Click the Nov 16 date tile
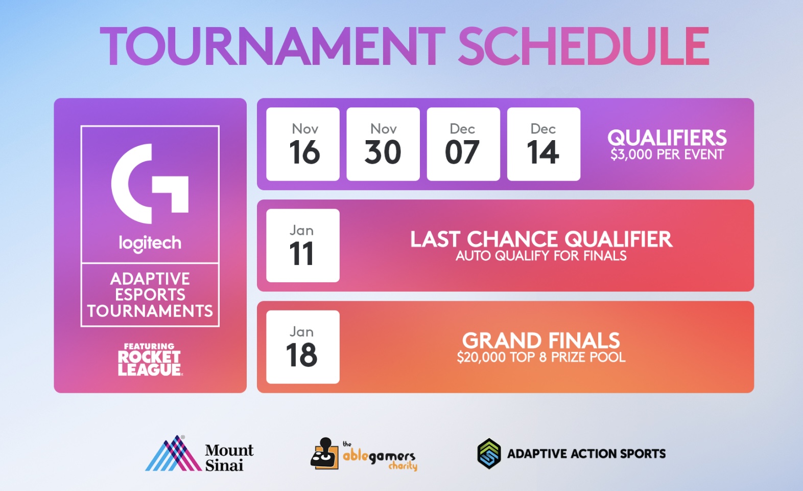click(x=303, y=144)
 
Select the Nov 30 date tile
click(x=383, y=144)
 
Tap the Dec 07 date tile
click(x=463, y=144)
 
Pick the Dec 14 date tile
click(x=544, y=144)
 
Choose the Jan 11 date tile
click(x=303, y=245)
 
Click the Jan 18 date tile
click(x=303, y=347)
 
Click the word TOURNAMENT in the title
click(x=273, y=47)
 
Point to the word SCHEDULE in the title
click(x=584, y=47)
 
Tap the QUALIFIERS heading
click(x=667, y=138)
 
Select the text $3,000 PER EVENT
click(x=667, y=154)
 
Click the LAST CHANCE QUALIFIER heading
click(x=541, y=239)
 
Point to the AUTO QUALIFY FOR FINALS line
click(x=541, y=256)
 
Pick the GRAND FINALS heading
click(x=541, y=340)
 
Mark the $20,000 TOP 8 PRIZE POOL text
click(x=541, y=358)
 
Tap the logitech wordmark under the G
click(x=150, y=243)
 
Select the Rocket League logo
click(x=150, y=360)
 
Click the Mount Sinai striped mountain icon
click(x=174, y=453)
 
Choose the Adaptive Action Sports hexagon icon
click(x=489, y=454)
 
